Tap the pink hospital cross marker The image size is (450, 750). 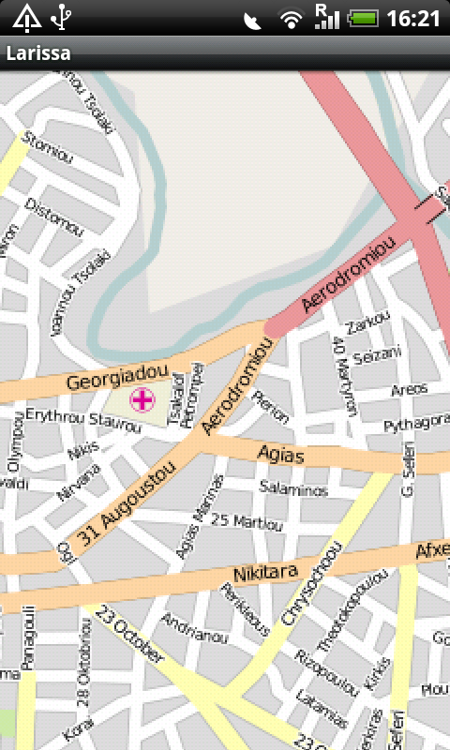pyautogui.click(x=142, y=401)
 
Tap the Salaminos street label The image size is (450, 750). pyautogui.click(x=292, y=490)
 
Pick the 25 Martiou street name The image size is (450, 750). pyautogui.click(x=247, y=520)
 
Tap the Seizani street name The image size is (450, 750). pyautogui.click(x=379, y=355)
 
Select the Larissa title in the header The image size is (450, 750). pyautogui.click(x=38, y=53)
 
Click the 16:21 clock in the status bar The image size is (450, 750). pyautogui.click(x=413, y=18)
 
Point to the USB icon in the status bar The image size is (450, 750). pyautogui.click(x=61, y=17)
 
